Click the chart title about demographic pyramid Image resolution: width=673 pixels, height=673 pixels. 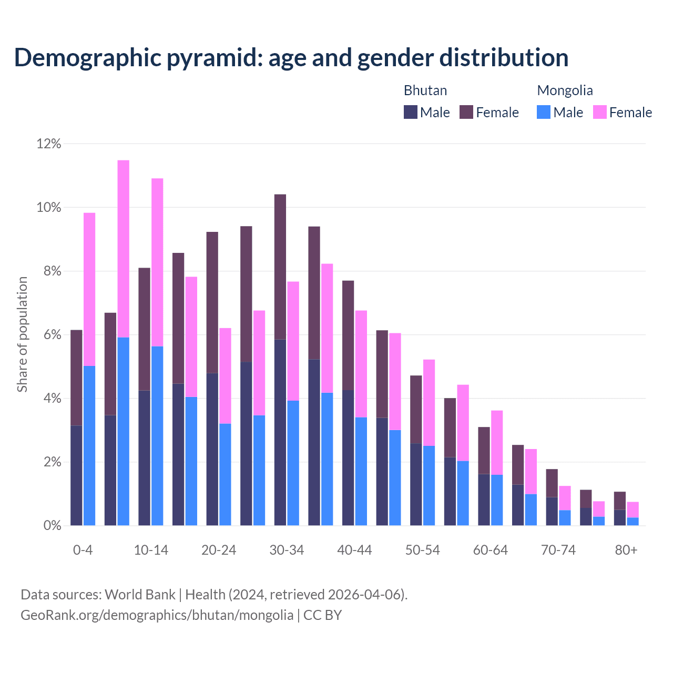click(x=291, y=57)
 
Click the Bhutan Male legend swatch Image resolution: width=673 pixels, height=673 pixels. click(x=411, y=112)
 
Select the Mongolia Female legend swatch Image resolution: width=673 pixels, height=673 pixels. click(x=600, y=112)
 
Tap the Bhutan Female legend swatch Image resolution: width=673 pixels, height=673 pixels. click(x=466, y=112)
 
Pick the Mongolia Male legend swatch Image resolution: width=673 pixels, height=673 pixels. click(x=544, y=112)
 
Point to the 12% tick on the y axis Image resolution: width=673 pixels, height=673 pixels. click(x=49, y=144)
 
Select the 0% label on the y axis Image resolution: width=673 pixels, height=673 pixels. click(x=52, y=526)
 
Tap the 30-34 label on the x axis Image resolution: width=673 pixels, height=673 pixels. click(x=287, y=550)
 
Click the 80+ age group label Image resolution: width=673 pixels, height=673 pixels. click(x=626, y=550)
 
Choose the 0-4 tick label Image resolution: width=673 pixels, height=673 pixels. click(x=83, y=550)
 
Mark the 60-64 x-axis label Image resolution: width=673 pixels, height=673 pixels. click(x=491, y=550)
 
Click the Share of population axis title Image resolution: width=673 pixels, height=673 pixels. click(x=23, y=334)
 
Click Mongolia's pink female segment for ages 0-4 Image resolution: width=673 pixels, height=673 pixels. click(x=89, y=289)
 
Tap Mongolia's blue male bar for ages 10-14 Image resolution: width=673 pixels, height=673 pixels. click(x=157, y=436)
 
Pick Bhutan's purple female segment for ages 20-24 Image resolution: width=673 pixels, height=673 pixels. click(x=212, y=302)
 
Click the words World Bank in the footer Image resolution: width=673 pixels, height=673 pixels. click(x=140, y=595)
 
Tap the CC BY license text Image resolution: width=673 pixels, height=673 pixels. click(x=323, y=615)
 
